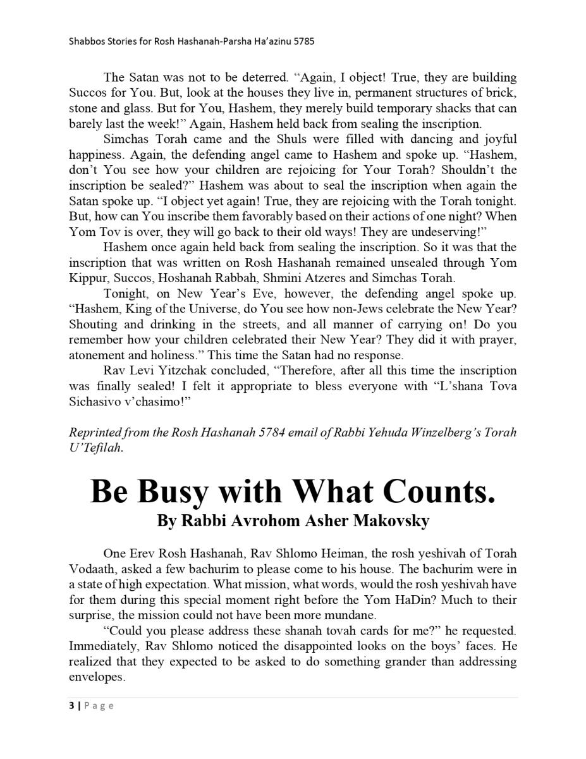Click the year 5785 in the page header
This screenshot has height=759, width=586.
303,42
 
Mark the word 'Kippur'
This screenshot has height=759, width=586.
87,278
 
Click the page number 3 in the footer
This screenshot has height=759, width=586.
71,706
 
